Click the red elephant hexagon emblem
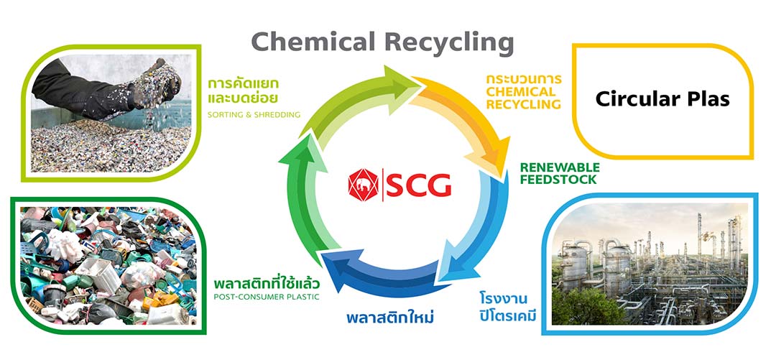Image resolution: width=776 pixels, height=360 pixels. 364,185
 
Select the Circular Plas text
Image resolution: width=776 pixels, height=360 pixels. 662,99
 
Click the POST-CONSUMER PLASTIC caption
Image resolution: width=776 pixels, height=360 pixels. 267,297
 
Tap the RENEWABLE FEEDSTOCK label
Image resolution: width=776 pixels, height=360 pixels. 559,173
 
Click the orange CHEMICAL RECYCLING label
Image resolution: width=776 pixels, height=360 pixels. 522,98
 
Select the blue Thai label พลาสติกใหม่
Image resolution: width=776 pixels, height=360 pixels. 395,317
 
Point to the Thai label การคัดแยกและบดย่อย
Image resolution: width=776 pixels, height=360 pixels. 243,90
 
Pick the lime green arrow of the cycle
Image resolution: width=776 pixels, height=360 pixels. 345,101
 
